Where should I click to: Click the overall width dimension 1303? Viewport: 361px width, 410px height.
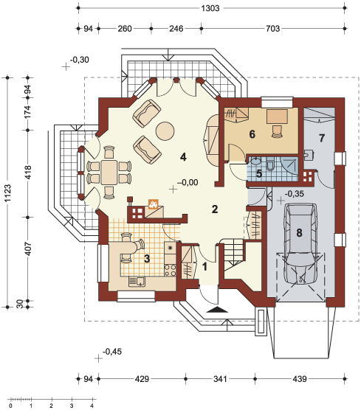pos(210,8)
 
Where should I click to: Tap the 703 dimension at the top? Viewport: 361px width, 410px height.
pos(272,29)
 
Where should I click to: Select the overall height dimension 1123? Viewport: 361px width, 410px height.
pos(7,193)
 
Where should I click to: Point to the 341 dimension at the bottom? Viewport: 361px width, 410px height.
pos(220,378)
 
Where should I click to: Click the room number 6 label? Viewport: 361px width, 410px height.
pos(252,134)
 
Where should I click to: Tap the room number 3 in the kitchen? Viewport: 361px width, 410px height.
pos(147,259)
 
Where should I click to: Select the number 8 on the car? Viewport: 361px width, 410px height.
pos(300,232)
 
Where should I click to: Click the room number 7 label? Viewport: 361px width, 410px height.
pos(322,138)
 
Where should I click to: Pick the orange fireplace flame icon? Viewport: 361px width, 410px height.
pos(153,204)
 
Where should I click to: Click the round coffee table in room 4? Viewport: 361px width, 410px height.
pos(165,131)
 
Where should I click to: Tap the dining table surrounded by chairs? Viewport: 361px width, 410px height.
pos(109,173)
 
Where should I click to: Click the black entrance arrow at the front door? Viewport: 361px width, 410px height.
pos(217,310)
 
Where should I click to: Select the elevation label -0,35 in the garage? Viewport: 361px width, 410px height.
pos(294,194)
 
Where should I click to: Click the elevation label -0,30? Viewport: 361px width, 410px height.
pos(80,60)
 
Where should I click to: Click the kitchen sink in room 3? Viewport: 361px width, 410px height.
pos(137,282)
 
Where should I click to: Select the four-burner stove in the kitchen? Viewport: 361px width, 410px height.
pos(170,270)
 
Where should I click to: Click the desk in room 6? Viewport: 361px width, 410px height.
pos(277,117)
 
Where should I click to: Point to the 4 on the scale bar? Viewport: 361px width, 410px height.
pos(92,406)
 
